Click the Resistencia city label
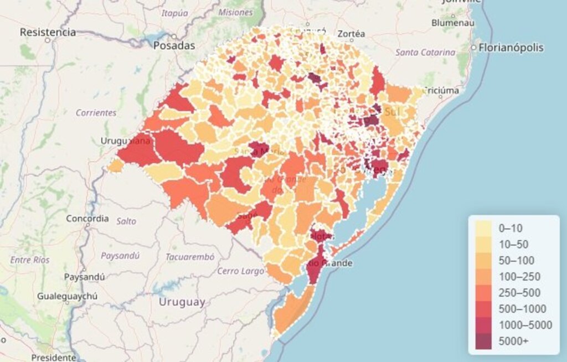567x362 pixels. [48, 32]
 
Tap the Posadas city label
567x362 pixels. [174, 45]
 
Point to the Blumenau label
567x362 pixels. [453, 23]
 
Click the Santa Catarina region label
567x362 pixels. [425, 53]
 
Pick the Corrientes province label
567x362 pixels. [96, 112]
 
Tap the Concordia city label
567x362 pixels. [87, 218]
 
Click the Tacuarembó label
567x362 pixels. [189, 257]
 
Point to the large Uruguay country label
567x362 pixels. [182, 302]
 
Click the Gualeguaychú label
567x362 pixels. [67, 296]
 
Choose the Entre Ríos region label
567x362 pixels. [30, 260]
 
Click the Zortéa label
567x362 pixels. [351, 34]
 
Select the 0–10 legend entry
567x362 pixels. [511, 227]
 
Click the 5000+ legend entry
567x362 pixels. [513, 341]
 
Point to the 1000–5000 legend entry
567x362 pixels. [525, 325]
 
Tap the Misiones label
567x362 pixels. [235, 12]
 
